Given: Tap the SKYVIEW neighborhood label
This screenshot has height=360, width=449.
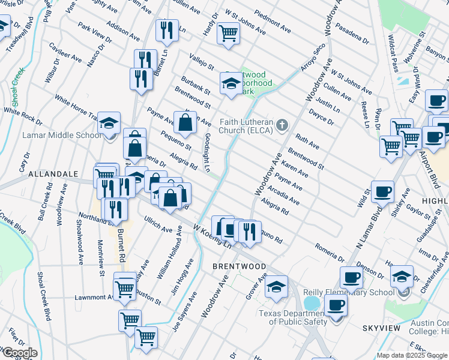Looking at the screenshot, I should click(x=381, y=329).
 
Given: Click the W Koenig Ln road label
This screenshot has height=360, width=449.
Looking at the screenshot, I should click(x=212, y=235).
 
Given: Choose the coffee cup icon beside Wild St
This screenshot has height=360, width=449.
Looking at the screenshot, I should click(x=382, y=193).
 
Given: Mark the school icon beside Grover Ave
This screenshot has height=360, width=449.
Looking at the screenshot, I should click(x=276, y=286).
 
